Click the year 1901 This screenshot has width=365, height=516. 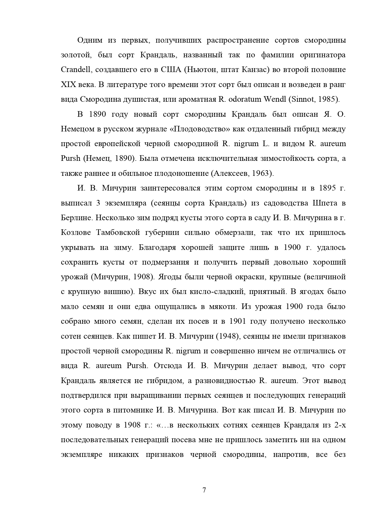[x=237, y=321]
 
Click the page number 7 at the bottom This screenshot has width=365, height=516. [x=204, y=490]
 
